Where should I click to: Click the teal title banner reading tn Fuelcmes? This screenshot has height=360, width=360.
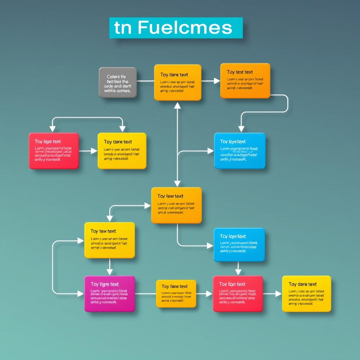click(176, 28)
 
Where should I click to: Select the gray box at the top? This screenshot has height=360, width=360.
click(117, 82)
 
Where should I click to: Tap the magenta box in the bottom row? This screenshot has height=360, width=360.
click(110, 294)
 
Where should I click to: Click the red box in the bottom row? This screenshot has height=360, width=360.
click(238, 294)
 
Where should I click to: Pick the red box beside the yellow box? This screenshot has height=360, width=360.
click(54, 151)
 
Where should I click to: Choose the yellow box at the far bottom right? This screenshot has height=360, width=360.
click(307, 294)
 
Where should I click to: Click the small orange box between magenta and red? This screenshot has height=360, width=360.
click(176, 294)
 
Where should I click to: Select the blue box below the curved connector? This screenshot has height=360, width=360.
click(240, 151)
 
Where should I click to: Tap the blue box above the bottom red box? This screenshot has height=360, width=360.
click(239, 245)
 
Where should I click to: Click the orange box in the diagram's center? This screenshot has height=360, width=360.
click(176, 205)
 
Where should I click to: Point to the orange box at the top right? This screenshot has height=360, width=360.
click(245, 81)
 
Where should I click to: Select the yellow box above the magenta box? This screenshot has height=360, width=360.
click(110, 240)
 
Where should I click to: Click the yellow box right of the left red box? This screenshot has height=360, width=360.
click(122, 151)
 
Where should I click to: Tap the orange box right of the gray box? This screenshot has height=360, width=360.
click(178, 82)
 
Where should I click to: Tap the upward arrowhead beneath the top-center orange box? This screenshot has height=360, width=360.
click(178, 105)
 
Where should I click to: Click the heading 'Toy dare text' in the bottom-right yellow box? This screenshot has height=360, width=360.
click(302, 284)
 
